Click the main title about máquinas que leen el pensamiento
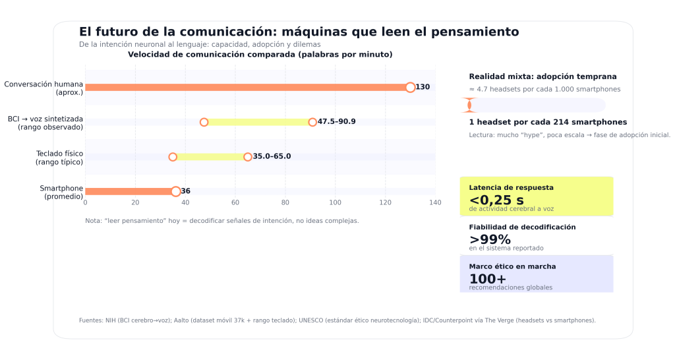click(299, 32)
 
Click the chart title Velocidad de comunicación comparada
click(260, 55)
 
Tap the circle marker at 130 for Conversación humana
click(410, 87)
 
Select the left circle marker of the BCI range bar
click(204, 122)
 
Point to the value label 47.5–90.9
click(337, 122)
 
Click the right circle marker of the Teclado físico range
click(248, 157)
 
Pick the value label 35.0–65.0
click(272, 157)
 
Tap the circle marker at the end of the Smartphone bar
click(175, 191)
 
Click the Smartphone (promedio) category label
click(61, 192)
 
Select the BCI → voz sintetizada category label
click(45, 123)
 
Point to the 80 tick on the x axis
click(285, 202)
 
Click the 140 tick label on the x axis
click(434, 202)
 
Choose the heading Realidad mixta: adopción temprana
click(543, 76)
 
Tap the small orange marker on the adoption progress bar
click(469, 105)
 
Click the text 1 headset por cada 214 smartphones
click(548, 122)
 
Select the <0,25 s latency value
click(496, 200)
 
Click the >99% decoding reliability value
click(490, 240)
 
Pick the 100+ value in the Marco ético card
click(487, 279)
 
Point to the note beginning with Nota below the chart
click(221, 221)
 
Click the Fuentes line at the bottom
click(337, 320)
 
